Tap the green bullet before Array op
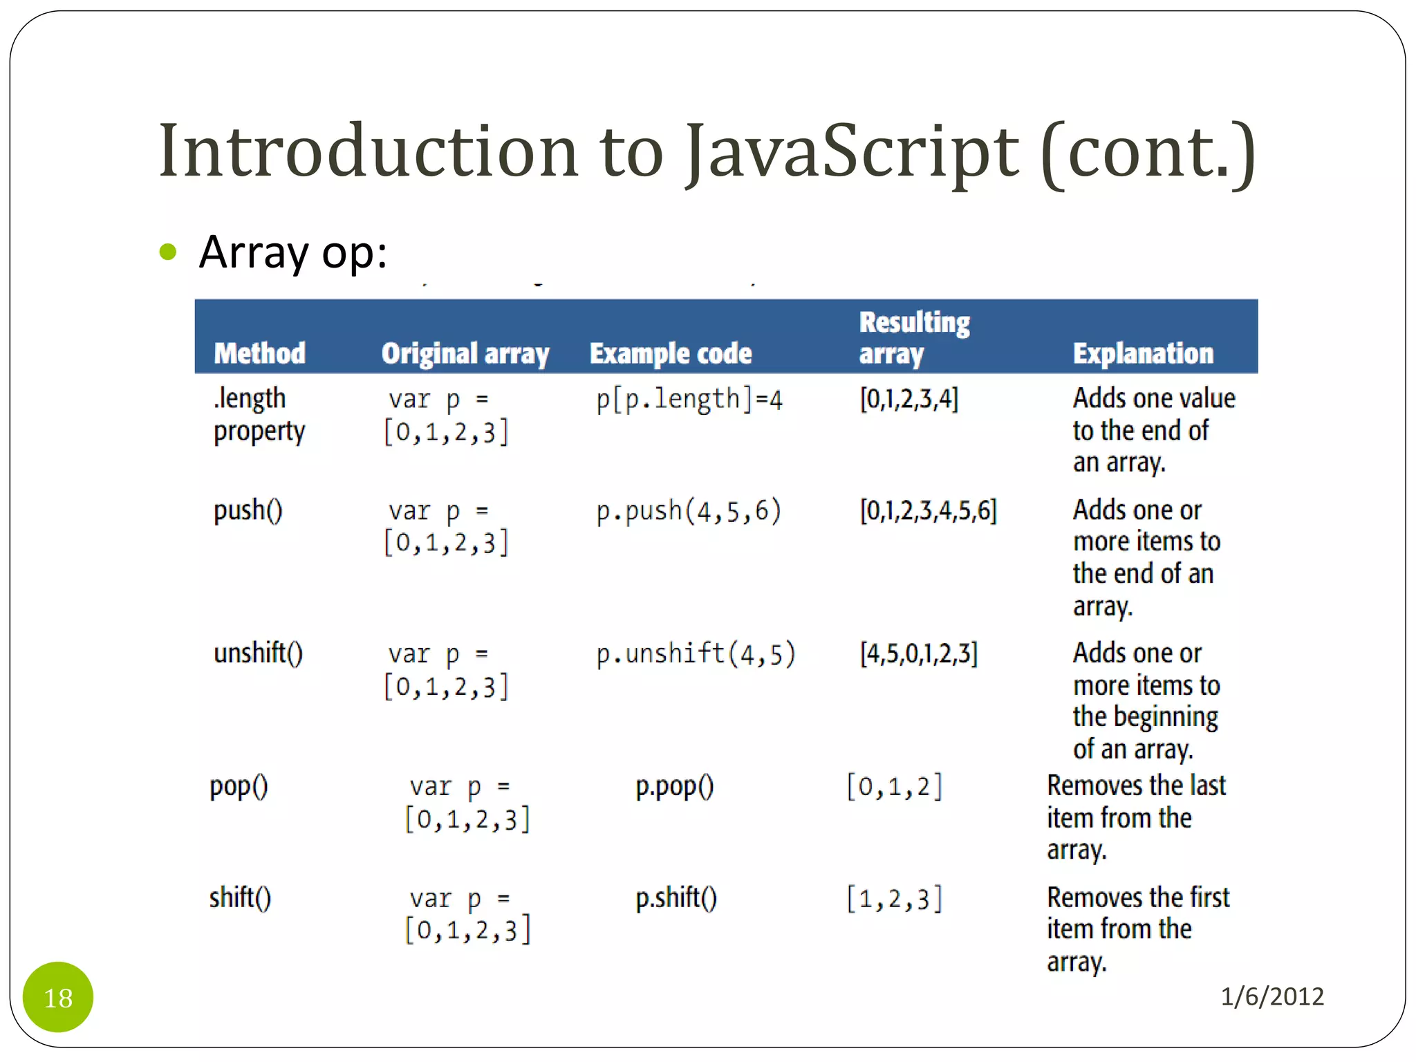[x=168, y=252]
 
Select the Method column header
[x=259, y=353]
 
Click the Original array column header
[x=465, y=353]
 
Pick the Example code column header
[x=670, y=353]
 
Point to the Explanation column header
[x=1143, y=353]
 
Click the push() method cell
[x=248, y=510]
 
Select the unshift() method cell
[x=258, y=653]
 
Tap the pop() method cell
[x=239, y=786]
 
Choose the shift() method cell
[x=240, y=897]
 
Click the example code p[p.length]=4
[x=689, y=400]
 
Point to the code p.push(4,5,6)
[x=689, y=511]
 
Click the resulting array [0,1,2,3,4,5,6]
[x=928, y=511]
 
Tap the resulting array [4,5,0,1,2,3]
[x=918, y=653]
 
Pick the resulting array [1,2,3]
[x=894, y=899]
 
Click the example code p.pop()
[x=674, y=786]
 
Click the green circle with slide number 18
[x=58, y=997]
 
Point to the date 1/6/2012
[x=1271, y=996]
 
